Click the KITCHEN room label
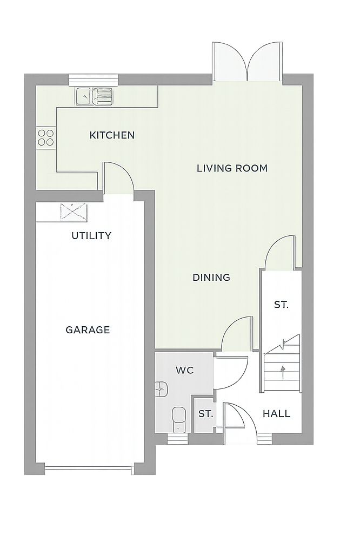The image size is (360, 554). click(112, 135)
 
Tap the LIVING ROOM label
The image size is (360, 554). click(232, 168)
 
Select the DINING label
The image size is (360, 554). click(211, 278)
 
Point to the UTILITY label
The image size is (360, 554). click(91, 236)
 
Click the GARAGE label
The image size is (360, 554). click(88, 330)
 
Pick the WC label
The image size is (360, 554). click(184, 370)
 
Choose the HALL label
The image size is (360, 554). click(276, 414)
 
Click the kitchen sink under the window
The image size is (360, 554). click(94, 96)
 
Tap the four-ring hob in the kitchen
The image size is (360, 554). click(46, 138)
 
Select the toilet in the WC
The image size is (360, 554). click(179, 420)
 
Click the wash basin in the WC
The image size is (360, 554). click(161, 390)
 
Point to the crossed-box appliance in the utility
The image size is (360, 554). click(74, 212)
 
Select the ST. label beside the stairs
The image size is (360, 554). click(281, 305)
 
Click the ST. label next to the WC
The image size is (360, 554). click(205, 414)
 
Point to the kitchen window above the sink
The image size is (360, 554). click(93, 80)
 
